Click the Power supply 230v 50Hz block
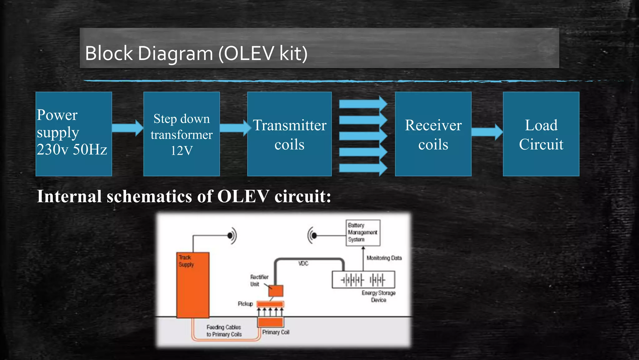(x=74, y=134)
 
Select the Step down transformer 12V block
(x=182, y=134)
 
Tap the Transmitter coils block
(x=289, y=134)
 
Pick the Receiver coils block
(x=433, y=134)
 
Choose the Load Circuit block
(x=541, y=134)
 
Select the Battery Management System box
(x=363, y=232)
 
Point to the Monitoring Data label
(x=384, y=258)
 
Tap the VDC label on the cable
(x=303, y=263)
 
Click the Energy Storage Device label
(x=378, y=296)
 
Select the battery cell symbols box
(x=363, y=280)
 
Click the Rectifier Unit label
(x=259, y=280)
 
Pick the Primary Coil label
(x=276, y=332)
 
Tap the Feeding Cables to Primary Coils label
(x=224, y=331)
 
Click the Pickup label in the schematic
(x=245, y=304)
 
